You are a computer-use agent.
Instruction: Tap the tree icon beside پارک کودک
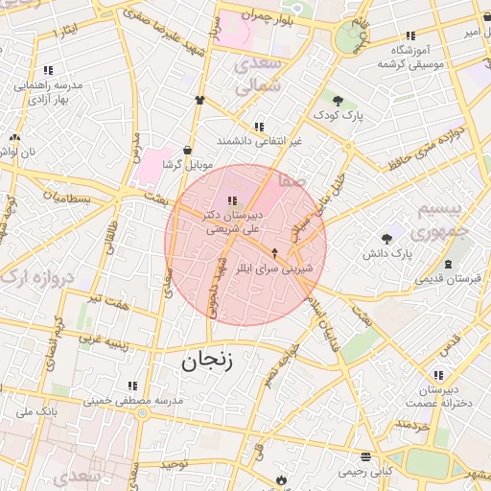click(338, 100)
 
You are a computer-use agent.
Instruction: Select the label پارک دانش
click(387, 254)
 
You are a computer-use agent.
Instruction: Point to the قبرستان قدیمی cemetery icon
click(449, 264)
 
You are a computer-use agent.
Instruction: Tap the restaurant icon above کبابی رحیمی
click(364, 456)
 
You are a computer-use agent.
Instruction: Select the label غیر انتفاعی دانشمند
click(259, 141)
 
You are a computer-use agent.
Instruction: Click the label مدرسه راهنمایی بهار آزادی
click(49, 92)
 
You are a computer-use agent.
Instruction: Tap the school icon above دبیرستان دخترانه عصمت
click(438, 375)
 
